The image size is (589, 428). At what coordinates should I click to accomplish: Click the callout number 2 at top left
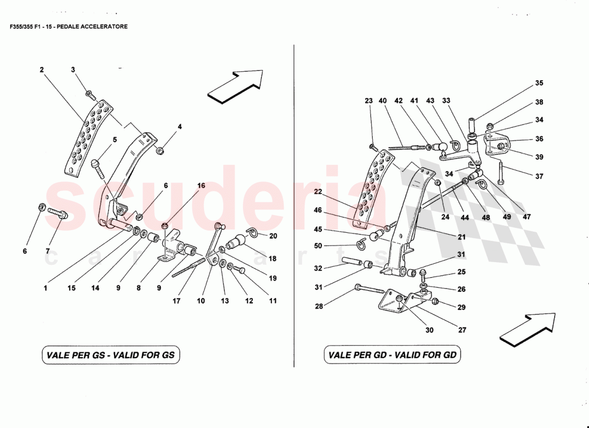(x=41, y=70)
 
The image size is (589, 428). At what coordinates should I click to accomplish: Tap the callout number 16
(x=201, y=186)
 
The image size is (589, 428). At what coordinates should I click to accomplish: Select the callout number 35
(x=539, y=83)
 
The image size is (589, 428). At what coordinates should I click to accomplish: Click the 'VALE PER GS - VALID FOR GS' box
(x=110, y=355)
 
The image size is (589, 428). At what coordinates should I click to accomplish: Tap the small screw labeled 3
(x=89, y=95)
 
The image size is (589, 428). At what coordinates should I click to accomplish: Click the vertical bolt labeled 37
(x=500, y=172)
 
